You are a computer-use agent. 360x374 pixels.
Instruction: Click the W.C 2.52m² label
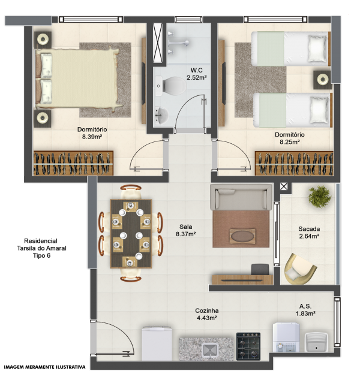click(196, 74)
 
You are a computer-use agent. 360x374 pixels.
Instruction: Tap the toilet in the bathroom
click(171, 86)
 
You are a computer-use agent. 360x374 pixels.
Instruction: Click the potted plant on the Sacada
click(319, 197)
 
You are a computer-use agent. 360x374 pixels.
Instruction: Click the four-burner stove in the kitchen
click(248, 346)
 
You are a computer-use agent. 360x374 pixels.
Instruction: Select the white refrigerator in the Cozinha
click(157, 343)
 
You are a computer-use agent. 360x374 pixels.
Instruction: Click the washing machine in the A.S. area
click(286, 337)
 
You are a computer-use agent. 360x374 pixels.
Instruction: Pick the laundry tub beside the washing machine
click(316, 342)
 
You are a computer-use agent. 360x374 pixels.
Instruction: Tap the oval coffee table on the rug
click(242, 236)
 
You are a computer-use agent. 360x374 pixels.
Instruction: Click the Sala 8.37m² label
click(186, 230)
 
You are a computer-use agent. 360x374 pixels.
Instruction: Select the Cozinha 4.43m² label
click(207, 314)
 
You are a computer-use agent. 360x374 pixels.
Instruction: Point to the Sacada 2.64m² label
click(309, 233)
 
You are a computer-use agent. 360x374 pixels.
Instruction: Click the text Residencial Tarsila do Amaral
click(41, 245)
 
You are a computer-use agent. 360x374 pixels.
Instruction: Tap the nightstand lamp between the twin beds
click(322, 80)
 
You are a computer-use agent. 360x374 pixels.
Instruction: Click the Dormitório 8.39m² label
click(92, 133)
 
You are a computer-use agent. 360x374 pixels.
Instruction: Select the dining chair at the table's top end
click(131, 191)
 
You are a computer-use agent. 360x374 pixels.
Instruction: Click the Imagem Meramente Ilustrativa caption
click(44, 367)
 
